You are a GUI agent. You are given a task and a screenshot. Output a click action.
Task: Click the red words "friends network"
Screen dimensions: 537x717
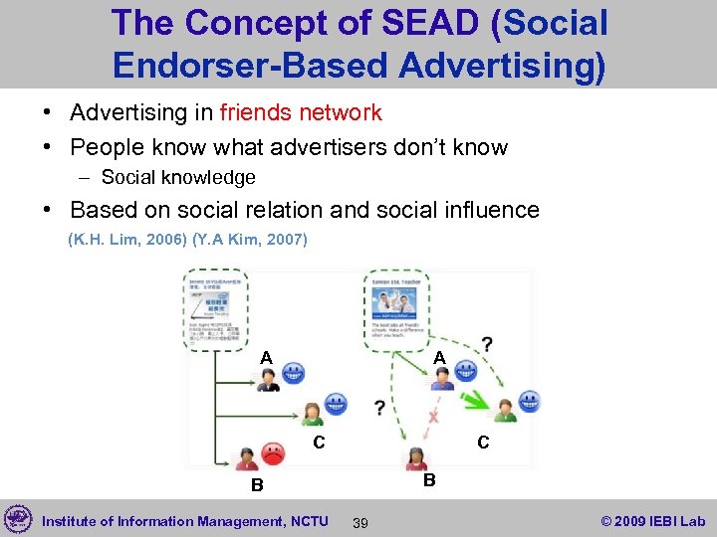pyautogui.click(x=301, y=112)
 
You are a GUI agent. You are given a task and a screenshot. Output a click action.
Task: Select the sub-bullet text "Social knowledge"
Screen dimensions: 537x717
pyautogui.click(x=178, y=177)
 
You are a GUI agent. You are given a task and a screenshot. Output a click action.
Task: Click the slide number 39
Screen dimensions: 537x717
pyautogui.click(x=360, y=523)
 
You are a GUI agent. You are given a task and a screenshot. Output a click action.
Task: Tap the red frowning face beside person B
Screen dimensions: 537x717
pyautogui.click(x=272, y=454)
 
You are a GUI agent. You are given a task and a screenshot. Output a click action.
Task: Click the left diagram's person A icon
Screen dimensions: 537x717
pyautogui.click(x=268, y=379)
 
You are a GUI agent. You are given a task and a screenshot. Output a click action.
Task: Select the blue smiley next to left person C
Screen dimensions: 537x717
pyautogui.click(x=337, y=405)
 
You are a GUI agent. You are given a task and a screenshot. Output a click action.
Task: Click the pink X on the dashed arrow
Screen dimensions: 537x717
pyautogui.click(x=432, y=418)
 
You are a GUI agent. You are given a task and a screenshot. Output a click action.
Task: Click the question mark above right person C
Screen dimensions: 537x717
pyautogui.click(x=486, y=344)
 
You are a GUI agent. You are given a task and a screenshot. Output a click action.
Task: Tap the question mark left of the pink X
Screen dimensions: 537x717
pyautogui.click(x=379, y=409)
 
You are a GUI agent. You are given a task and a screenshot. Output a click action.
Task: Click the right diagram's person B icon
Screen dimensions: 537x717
pyautogui.click(x=414, y=459)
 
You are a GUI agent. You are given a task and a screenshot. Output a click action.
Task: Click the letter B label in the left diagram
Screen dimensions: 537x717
pyautogui.click(x=256, y=486)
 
